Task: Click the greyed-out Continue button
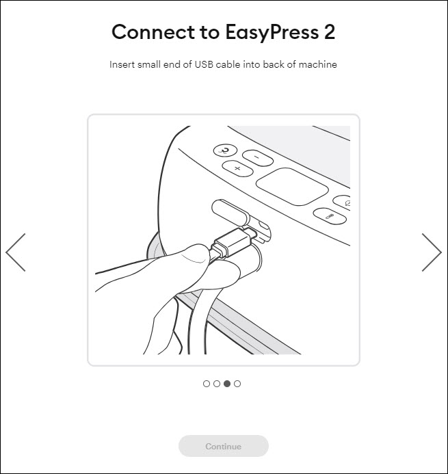223,446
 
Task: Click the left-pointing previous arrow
16,252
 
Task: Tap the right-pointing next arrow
432,252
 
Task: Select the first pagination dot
207,384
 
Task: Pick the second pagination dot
217,384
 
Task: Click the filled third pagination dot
227,384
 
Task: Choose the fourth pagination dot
237,384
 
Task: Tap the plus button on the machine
237,168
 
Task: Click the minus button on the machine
258,158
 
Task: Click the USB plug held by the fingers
234,242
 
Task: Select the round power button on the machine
224,150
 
